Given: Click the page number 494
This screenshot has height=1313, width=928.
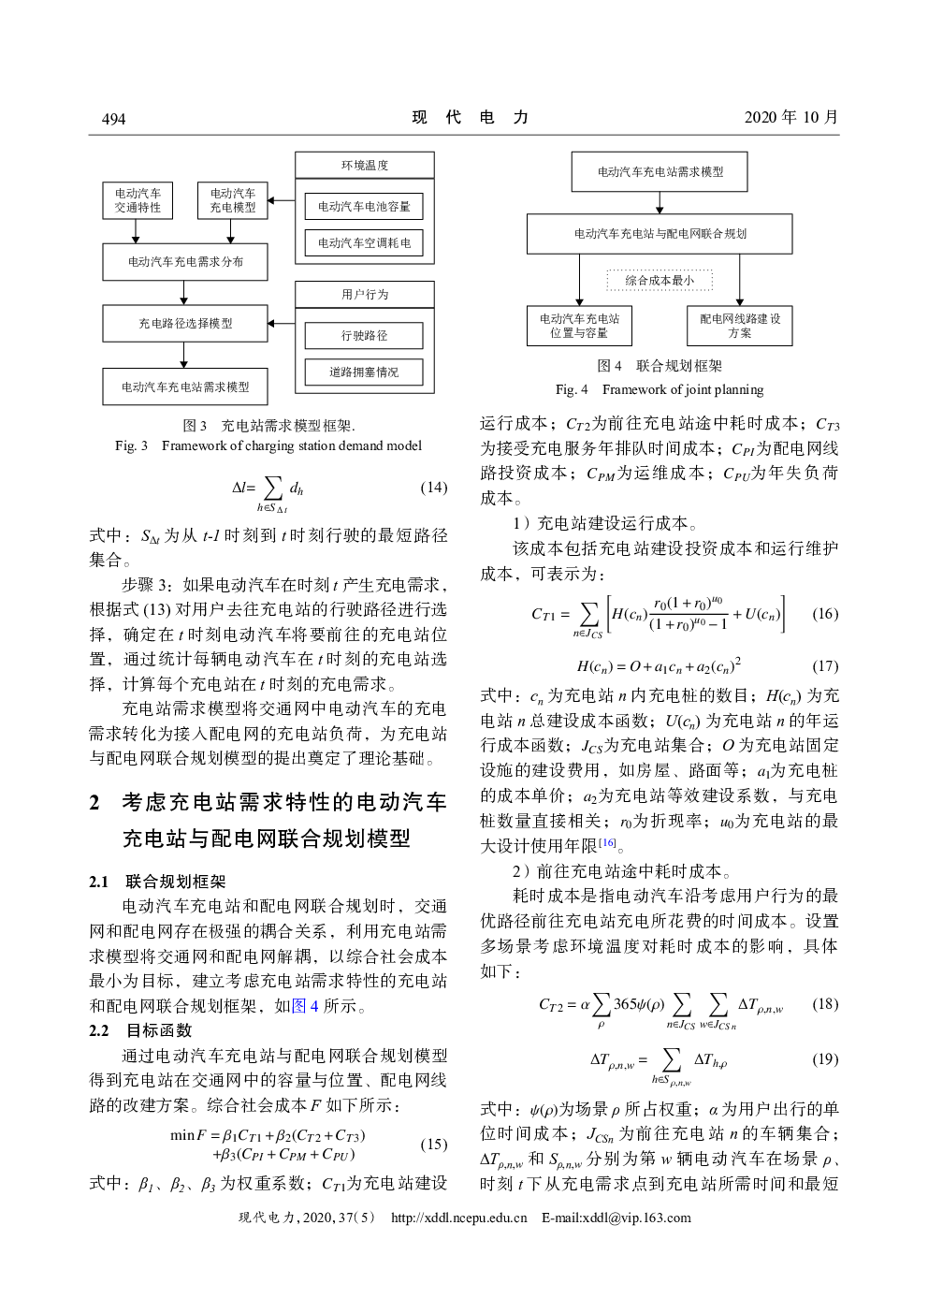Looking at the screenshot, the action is tap(113, 119).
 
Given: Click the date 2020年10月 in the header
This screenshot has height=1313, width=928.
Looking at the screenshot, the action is tap(790, 117).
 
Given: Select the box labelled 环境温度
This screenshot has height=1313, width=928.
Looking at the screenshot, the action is tap(365, 166).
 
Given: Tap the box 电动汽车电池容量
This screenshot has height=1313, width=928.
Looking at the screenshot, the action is tap(364, 206).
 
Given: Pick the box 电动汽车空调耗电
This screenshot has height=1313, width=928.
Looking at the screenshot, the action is tap(364, 242).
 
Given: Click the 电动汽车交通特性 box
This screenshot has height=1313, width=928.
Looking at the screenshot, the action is tap(138, 200).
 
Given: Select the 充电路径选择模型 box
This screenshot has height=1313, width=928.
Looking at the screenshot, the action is tap(185, 323).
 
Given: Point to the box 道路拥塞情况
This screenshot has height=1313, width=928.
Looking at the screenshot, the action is tap(364, 372).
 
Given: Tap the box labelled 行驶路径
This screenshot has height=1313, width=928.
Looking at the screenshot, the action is tap(364, 335).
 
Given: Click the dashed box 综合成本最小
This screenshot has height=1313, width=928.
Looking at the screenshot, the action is tap(660, 280).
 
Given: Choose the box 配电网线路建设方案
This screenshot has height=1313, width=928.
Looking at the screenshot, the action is tap(739, 326).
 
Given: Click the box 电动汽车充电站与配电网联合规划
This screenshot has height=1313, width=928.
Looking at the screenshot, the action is tap(660, 234).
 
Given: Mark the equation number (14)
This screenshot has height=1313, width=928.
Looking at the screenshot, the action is tap(433, 488).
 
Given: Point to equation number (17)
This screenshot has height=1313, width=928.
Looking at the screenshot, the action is tap(825, 666).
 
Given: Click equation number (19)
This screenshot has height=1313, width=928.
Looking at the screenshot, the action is tap(825, 1058).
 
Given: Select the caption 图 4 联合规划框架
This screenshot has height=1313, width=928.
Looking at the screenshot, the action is tap(660, 366).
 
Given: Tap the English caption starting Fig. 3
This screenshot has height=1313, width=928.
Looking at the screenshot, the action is tap(268, 446).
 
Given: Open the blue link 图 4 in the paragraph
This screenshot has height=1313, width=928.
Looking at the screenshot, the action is tap(305, 1006).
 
